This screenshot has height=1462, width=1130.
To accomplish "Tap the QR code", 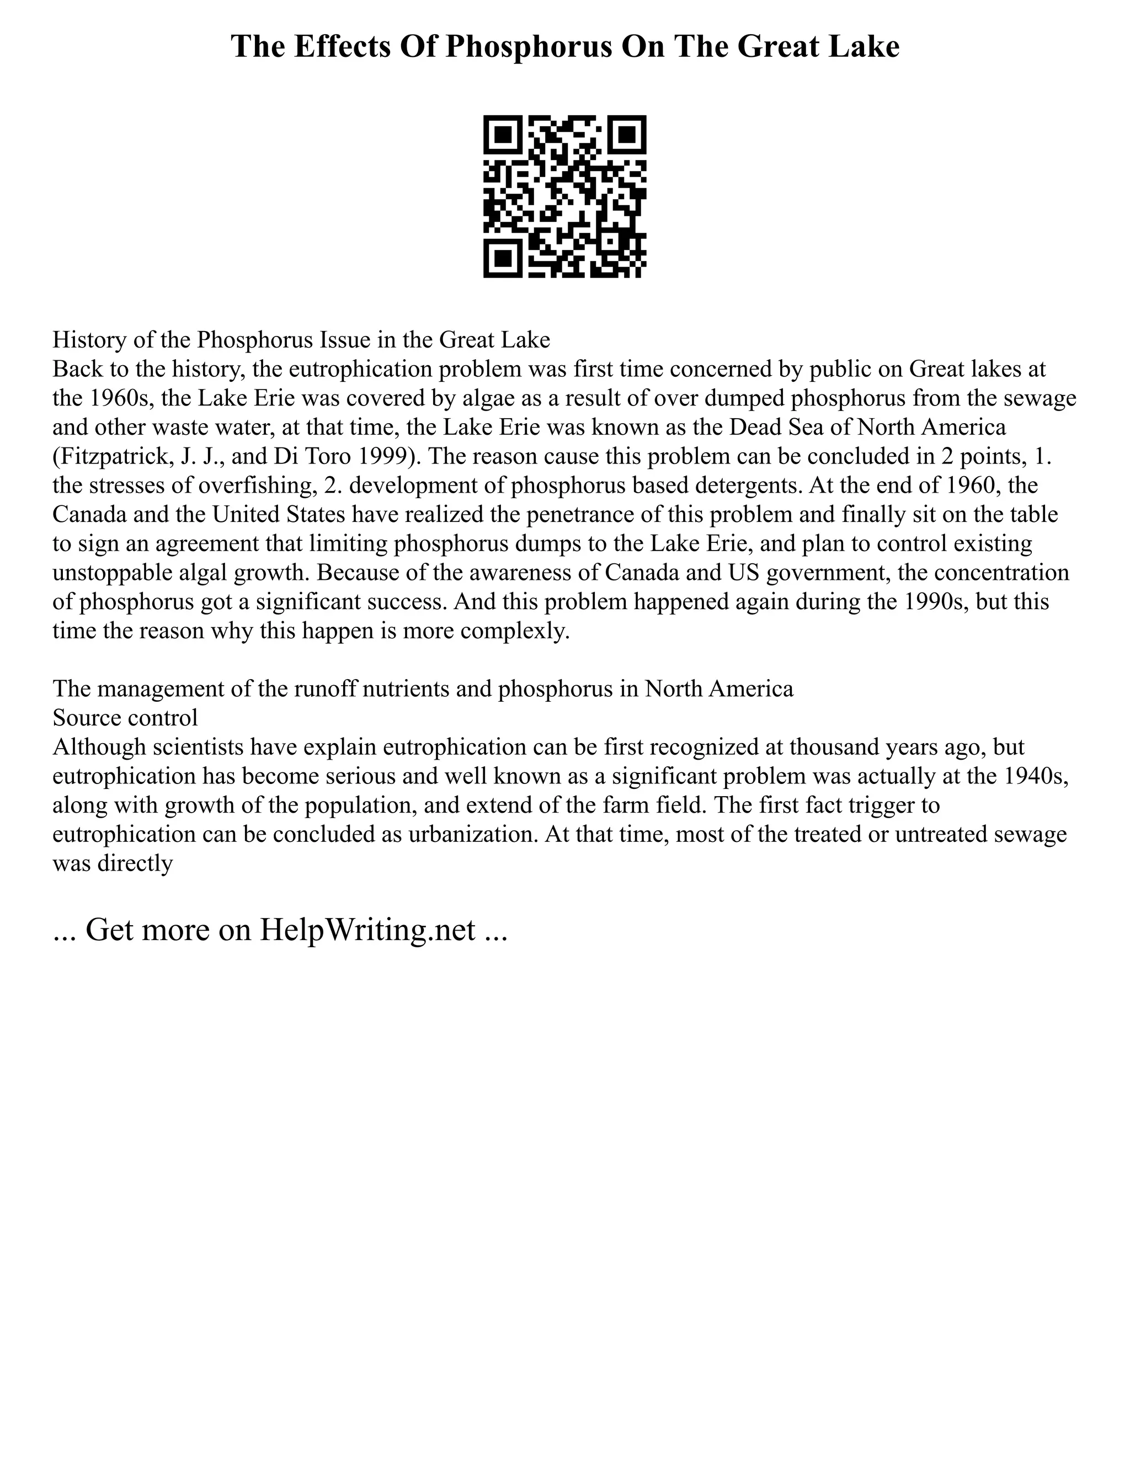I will pyautogui.click(x=564, y=196).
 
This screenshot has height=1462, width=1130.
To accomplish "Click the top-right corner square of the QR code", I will pyautogui.click(x=627, y=135).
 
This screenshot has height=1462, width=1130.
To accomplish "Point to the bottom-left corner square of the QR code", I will pyautogui.click(x=503, y=258).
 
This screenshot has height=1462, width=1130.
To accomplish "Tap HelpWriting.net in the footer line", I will pyautogui.click(x=367, y=929).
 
